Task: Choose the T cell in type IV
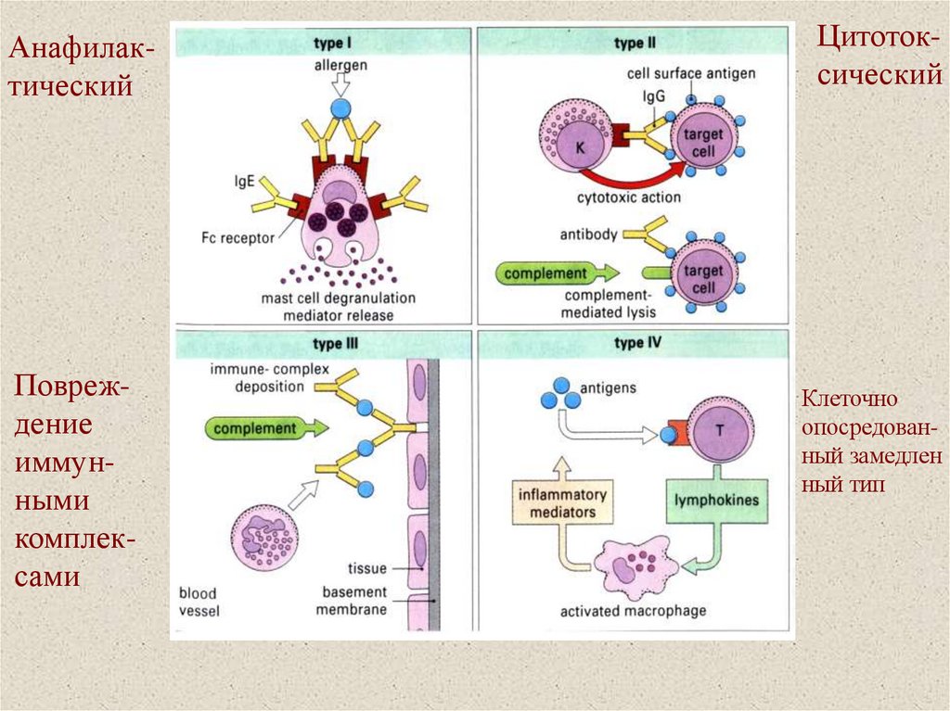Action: [718, 431]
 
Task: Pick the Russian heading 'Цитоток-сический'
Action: [879, 57]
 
